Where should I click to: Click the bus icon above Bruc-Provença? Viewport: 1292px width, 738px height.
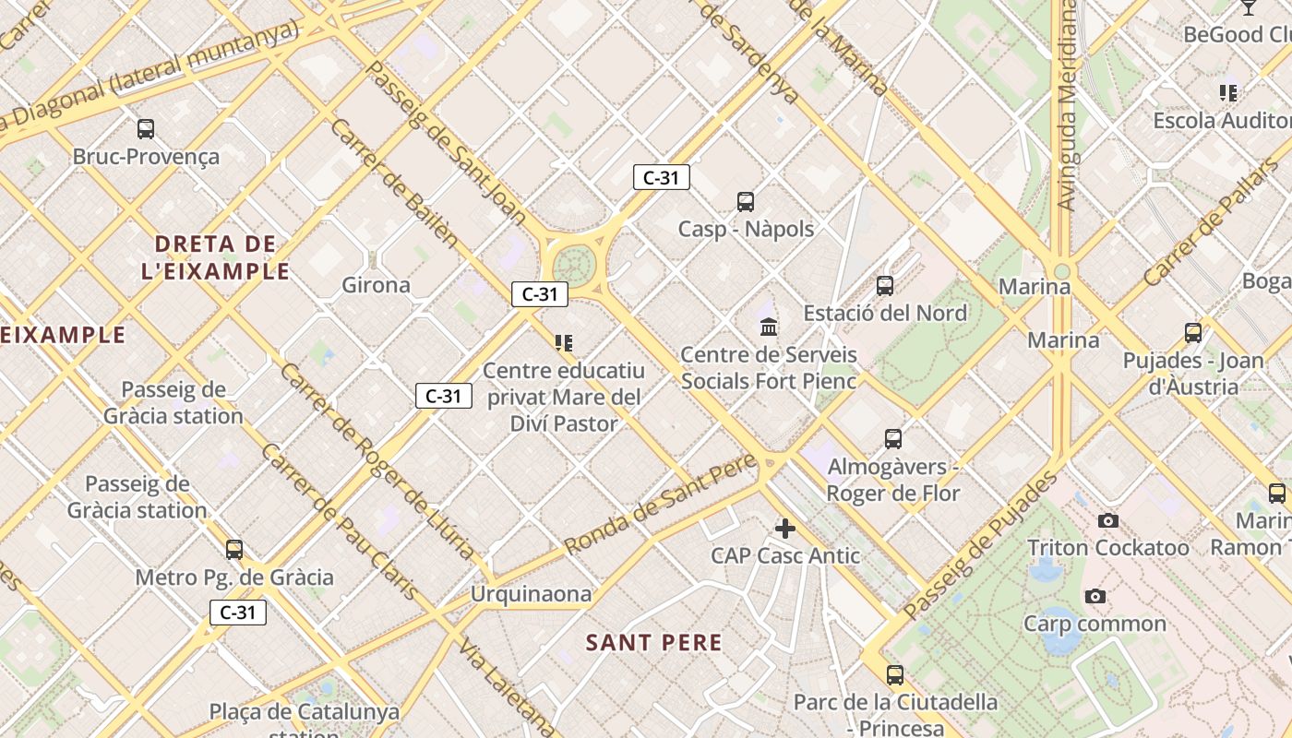[145, 129]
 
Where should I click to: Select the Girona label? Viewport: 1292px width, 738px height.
[376, 285]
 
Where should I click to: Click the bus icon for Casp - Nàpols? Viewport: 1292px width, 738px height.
[745, 201]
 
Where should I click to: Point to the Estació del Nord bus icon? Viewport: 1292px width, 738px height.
[885, 286]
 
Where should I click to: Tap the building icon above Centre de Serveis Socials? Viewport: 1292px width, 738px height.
[768, 327]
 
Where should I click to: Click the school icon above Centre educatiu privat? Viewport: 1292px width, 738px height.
[564, 343]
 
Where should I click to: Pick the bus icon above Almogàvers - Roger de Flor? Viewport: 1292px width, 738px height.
[892, 439]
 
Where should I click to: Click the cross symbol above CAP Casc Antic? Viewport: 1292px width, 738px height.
[784, 529]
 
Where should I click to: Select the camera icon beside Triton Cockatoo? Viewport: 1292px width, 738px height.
[1108, 521]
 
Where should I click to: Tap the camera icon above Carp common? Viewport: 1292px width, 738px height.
[1095, 597]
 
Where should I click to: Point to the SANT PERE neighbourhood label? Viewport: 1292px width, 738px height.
[653, 643]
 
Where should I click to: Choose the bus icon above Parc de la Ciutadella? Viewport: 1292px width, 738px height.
[894, 674]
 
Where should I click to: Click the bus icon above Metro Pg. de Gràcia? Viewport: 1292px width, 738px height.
[234, 550]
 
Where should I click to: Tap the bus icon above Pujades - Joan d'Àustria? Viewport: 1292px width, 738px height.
[1193, 333]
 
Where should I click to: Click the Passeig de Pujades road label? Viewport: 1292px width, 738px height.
[981, 546]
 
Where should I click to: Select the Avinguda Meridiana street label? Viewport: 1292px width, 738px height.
[1067, 105]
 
